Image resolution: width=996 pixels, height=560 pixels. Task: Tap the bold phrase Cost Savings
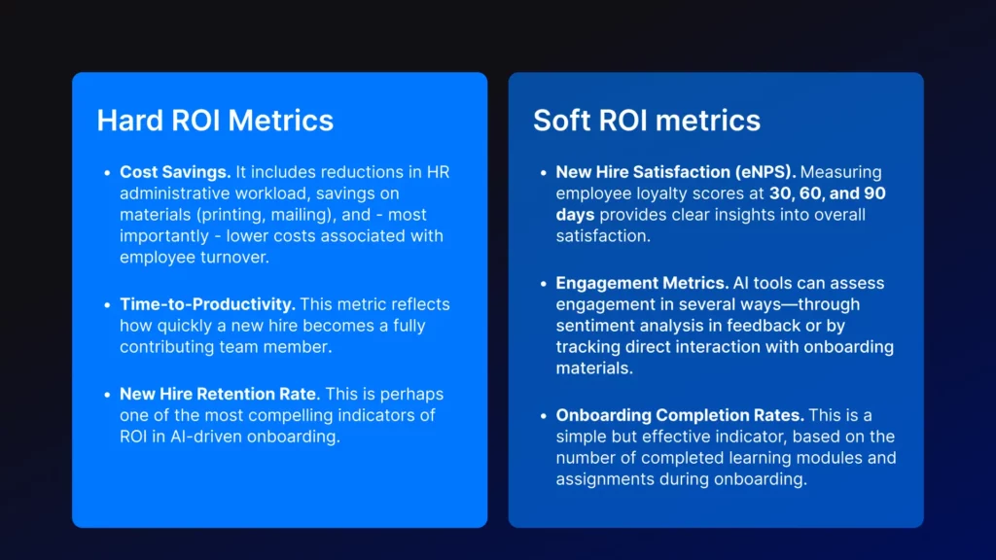(175, 172)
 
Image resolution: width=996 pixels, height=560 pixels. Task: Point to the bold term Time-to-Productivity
(207, 304)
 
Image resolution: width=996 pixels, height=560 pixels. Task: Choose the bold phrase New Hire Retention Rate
(218, 394)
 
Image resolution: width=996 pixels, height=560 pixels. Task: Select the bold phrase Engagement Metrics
(642, 283)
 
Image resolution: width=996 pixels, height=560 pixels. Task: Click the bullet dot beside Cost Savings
(107, 172)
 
